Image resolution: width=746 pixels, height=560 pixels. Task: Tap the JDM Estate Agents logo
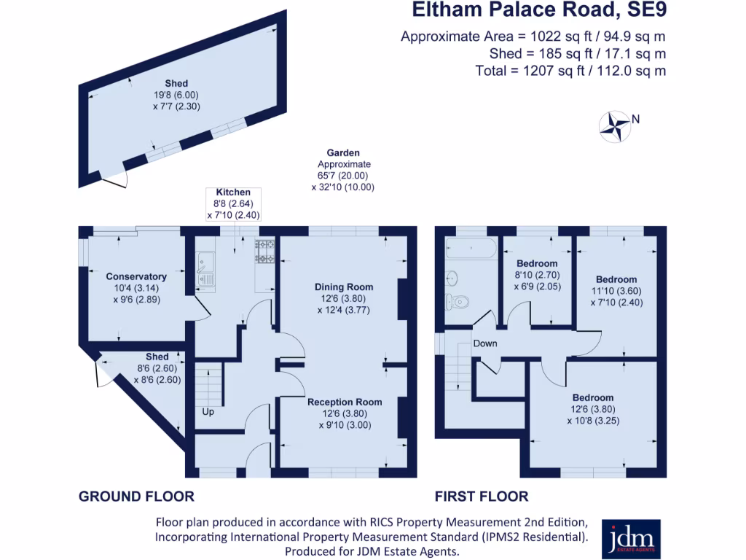tap(631, 538)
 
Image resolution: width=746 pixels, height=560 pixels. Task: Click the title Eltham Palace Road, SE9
tap(538, 11)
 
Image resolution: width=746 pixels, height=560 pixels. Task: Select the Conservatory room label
tap(136, 276)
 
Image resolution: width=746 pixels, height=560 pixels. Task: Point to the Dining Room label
tap(344, 287)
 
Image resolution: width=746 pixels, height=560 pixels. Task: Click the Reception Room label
tap(345, 402)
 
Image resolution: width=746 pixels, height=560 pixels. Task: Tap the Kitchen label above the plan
tap(233, 192)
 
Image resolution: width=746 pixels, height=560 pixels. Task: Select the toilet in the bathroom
tap(456, 300)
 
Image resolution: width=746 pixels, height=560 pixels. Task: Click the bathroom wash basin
tap(451, 278)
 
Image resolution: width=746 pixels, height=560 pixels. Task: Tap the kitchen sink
tap(204, 268)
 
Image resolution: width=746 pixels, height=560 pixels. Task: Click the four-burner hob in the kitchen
tap(264, 252)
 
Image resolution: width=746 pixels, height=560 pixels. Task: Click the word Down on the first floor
tap(484, 343)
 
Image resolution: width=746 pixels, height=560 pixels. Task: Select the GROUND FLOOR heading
tap(136, 497)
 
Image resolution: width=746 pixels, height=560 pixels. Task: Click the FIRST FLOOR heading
tap(482, 497)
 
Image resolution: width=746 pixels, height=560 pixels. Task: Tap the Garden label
tap(343, 153)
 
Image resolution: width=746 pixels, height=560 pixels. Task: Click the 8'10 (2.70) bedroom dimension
tap(537, 275)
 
